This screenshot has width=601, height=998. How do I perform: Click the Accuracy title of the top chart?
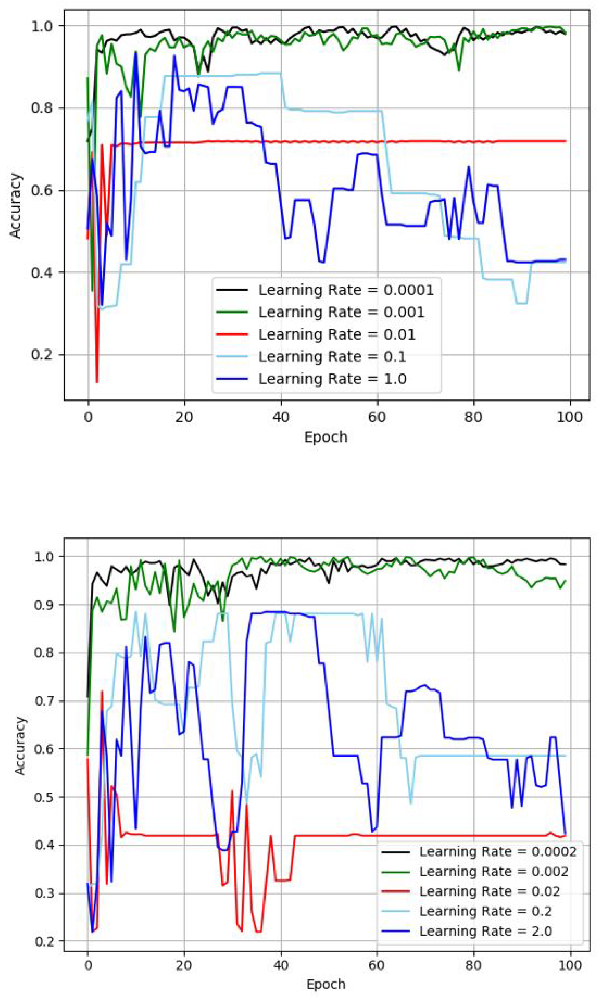(x=15, y=205)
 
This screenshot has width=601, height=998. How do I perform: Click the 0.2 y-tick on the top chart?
(x=42, y=355)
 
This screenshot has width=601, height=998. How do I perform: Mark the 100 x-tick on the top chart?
(x=569, y=417)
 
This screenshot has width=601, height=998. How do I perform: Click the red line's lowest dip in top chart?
(x=97, y=382)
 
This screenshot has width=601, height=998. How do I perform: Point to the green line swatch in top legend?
(x=232, y=312)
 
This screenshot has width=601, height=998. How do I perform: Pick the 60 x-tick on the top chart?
(x=377, y=417)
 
